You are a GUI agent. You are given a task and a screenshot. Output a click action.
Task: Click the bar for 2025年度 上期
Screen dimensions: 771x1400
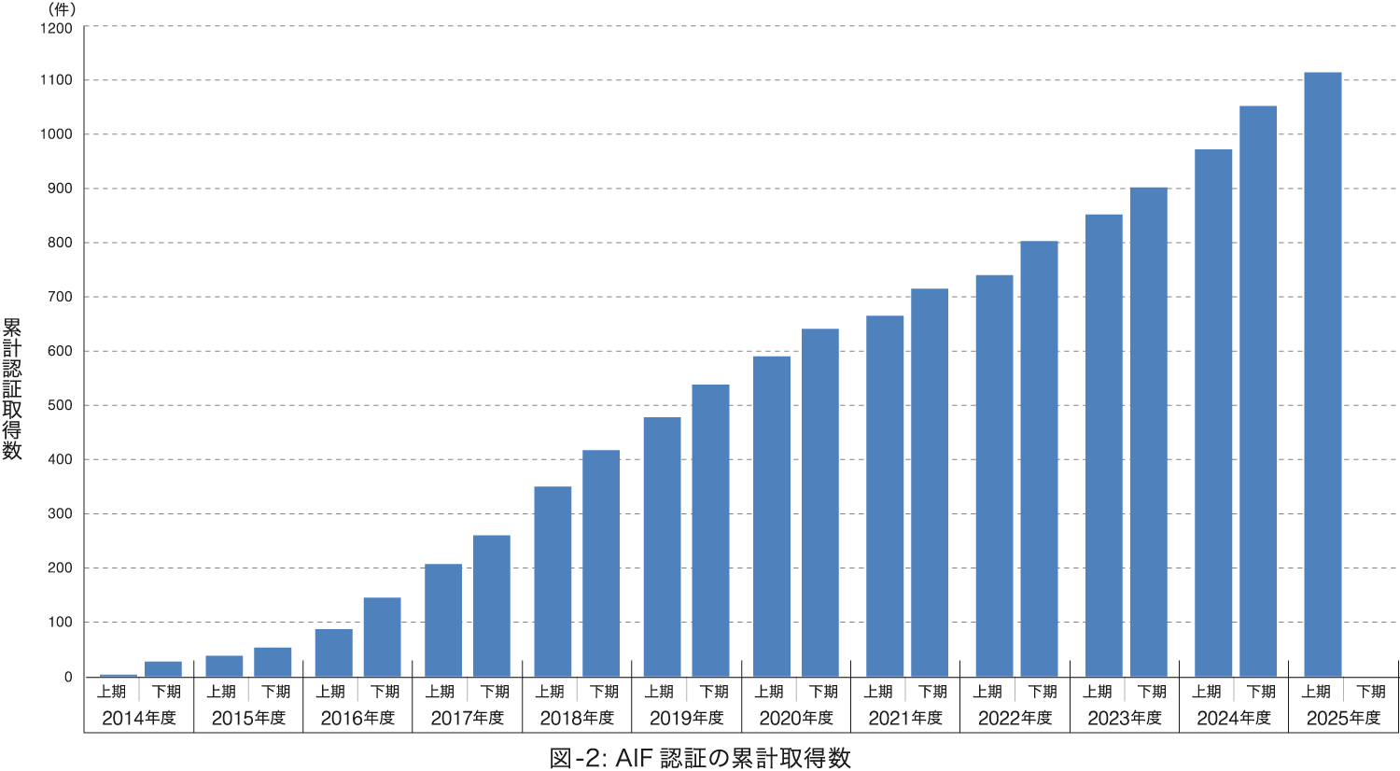(1323, 374)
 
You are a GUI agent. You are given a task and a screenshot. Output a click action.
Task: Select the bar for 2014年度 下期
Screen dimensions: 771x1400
(163, 668)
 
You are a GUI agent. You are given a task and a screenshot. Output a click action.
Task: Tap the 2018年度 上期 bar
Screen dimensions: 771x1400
(553, 582)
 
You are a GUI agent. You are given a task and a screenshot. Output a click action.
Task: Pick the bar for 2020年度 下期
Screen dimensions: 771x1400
(820, 502)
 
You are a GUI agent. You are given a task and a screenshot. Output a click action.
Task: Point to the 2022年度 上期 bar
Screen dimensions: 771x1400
(994, 476)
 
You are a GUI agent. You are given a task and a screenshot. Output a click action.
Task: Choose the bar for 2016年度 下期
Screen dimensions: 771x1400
(382, 637)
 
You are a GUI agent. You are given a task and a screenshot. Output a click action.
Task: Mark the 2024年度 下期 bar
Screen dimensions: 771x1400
(1258, 391)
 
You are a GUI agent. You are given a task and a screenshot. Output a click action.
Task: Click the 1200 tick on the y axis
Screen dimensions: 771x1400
(56, 28)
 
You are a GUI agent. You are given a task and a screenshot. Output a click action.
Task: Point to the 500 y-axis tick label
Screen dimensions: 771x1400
(60, 406)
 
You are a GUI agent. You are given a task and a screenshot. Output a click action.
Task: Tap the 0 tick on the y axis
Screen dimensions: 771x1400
(68, 677)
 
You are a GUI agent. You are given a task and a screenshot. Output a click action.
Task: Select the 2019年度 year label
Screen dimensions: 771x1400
(686, 718)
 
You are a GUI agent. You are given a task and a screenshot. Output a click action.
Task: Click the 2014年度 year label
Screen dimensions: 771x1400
(138, 718)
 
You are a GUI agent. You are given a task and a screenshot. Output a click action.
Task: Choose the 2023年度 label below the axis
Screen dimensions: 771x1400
(1125, 718)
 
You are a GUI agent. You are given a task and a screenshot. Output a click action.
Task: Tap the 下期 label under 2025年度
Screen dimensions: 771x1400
(1370, 692)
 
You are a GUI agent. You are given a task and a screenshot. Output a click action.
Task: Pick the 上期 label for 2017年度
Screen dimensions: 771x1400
(440, 692)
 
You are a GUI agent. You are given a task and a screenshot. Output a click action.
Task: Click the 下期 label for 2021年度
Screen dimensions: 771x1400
(932, 692)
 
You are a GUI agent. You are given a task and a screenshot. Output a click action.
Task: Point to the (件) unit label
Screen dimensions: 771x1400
(62, 9)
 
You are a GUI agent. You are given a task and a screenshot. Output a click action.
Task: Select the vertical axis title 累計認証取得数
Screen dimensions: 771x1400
(12, 388)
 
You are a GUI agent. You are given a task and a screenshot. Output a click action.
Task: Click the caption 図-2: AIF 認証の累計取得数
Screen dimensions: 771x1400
(700, 758)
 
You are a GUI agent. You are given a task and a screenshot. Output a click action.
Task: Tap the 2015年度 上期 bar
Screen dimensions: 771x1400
(224, 666)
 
